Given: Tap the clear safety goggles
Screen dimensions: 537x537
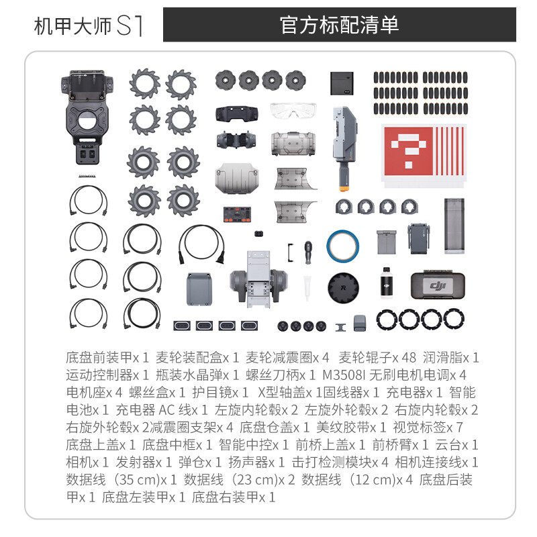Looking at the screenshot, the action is coord(293,110).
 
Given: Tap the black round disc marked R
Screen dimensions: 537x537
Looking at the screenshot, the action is coord(343,287).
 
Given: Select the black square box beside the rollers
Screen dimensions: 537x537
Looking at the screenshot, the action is coord(342,83).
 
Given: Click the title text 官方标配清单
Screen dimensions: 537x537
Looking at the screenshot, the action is coord(339,25).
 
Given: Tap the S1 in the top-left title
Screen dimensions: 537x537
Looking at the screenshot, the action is coord(130,26).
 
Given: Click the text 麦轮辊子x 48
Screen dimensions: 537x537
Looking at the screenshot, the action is coord(377,358).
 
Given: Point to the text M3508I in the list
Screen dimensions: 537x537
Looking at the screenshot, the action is coord(344,375).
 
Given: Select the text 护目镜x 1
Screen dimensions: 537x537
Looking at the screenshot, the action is coord(220,393).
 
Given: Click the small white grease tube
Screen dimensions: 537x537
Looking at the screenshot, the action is coord(307,287).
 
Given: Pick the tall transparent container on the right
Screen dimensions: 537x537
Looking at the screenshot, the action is coord(454,226).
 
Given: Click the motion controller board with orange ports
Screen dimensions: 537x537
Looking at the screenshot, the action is coord(238,214).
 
